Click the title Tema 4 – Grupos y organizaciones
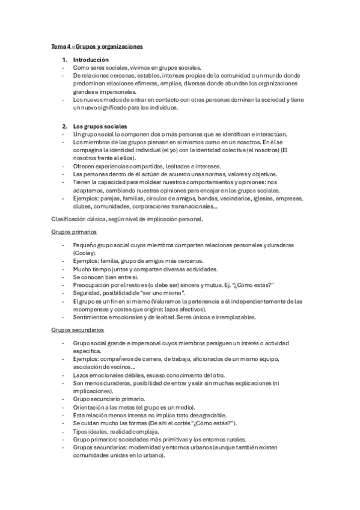97,46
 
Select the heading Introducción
91,60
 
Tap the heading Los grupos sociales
100,126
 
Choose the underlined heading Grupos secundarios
78,330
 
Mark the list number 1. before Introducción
65,60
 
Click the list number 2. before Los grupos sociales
65,126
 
